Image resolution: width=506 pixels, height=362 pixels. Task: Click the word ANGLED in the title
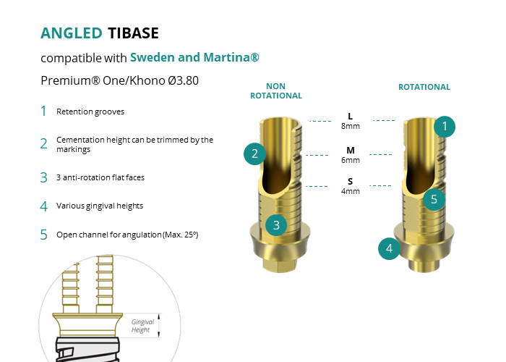coord(72,33)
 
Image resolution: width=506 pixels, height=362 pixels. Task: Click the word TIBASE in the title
coord(133,33)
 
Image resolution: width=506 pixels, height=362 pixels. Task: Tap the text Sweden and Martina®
coord(194,57)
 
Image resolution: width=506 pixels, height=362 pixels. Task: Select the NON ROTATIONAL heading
coord(276,90)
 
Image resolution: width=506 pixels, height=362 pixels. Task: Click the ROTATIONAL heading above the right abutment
coord(424,87)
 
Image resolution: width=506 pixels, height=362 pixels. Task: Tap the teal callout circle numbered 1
coord(445,127)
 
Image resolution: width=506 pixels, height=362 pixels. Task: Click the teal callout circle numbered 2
coord(254,153)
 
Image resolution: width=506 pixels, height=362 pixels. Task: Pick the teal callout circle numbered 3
coord(276,225)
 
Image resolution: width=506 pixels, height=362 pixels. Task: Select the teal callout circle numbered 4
coord(389,248)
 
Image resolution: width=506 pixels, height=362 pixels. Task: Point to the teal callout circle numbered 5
coord(434,199)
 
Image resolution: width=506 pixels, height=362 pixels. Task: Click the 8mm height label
coord(351,126)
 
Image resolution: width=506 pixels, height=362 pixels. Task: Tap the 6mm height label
coord(351,160)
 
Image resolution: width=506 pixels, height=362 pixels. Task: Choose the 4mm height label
coord(351,191)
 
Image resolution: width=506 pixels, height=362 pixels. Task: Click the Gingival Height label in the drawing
coord(142,326)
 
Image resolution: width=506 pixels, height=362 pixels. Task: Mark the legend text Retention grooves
coord(90,111)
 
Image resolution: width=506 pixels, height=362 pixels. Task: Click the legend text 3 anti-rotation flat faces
coord(100,177)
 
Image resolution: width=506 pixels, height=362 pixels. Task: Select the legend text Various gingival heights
coord(100,206)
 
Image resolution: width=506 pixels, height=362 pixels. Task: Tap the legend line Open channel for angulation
coord(127,235)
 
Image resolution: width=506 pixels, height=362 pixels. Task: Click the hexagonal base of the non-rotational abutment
coord(278,265)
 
